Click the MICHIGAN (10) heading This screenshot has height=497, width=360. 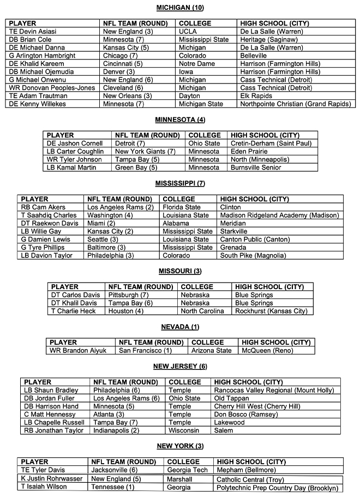pyautogui.click(x=180, y=8)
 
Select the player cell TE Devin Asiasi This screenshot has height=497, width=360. pyautogui.click(x=33, y=32)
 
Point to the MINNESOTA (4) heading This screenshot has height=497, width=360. pyautogui.click(x=180, y=119)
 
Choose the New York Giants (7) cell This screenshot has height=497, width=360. pyautogui.click(x=145, y=152)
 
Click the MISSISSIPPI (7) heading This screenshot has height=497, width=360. pyautogui.click(x=180, y=183)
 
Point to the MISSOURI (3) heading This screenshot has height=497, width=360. pyautogui.click(x=180, y=271)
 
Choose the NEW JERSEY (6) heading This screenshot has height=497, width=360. pyautogui.click(x=180, y=366)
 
